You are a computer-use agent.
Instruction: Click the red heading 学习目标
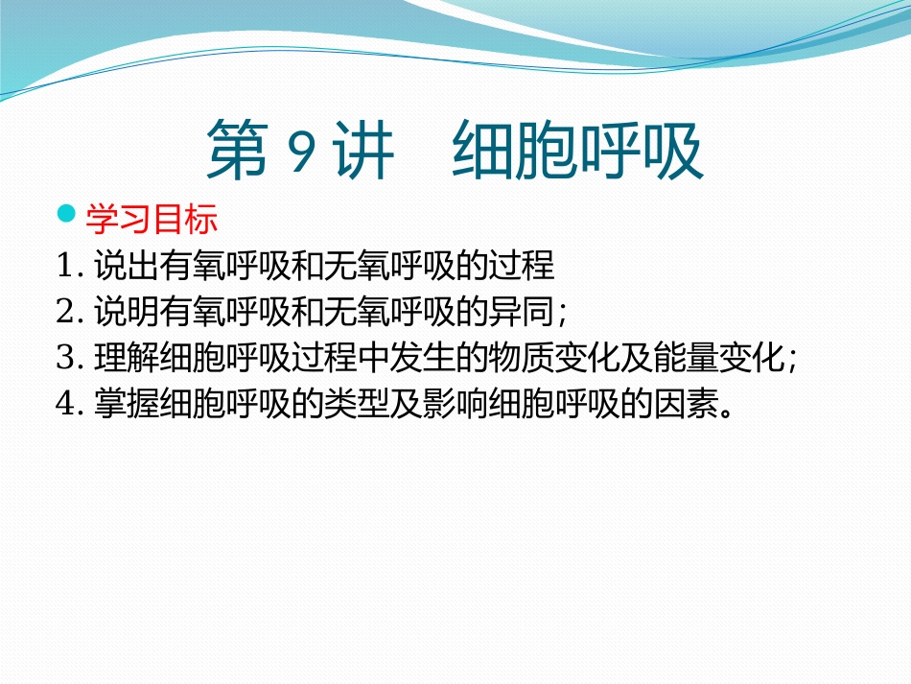(152, 220)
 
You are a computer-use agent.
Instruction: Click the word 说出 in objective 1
(126, 266)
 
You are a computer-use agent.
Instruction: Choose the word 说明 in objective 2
(126, 311)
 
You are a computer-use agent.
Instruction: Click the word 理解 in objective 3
(126, 358)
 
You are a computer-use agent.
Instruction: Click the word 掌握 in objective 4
(126, 404)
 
